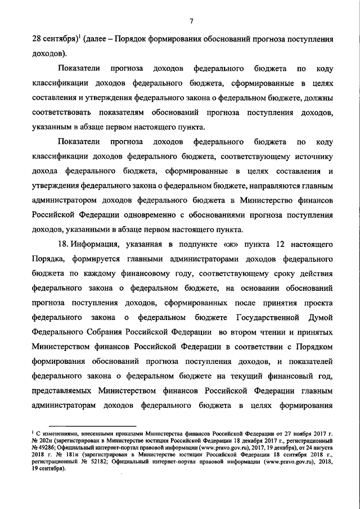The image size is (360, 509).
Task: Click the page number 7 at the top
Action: (x=191, y=22)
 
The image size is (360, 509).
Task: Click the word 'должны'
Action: (x=319, y=98)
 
